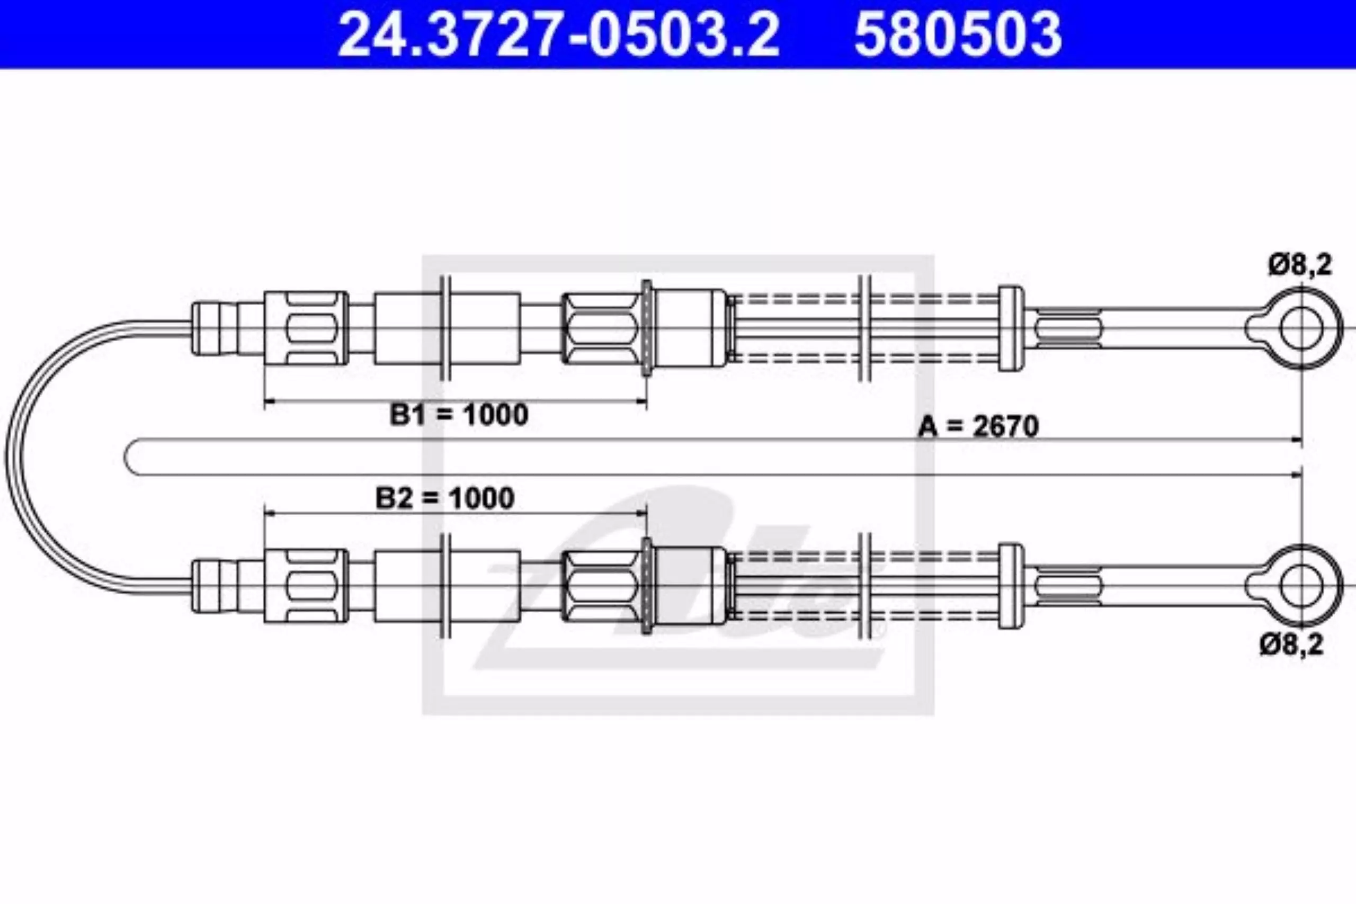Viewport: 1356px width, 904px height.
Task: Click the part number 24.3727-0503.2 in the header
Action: click(558, 34)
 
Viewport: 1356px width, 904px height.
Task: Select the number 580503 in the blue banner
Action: click(958, 34)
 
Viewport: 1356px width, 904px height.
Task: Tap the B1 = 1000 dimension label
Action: click(459, 415)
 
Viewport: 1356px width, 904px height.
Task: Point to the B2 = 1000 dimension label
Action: click(444, 499)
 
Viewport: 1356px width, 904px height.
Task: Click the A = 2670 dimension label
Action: click(978, 427)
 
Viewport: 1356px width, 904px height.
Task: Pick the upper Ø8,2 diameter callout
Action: click(1299, 266)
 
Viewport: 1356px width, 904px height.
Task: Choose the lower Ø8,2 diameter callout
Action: click(1291, 645)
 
